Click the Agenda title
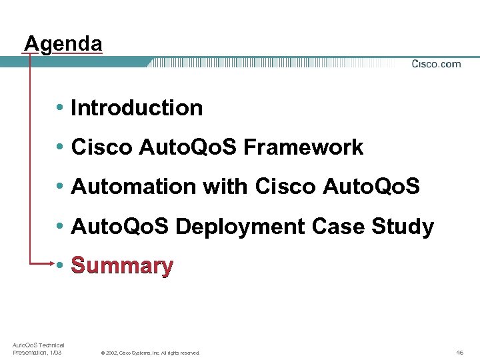(x=63, y=44)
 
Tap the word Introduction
(x=137, y=108)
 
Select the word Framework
(x=303, y=147)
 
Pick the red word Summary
(x=122, y=266)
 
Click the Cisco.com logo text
(x=436, y=64)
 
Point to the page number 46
(x=460, y=352)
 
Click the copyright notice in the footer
(x=151, y=353)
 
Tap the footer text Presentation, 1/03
(x=37, y=352)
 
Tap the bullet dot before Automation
(x=60, y=187)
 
